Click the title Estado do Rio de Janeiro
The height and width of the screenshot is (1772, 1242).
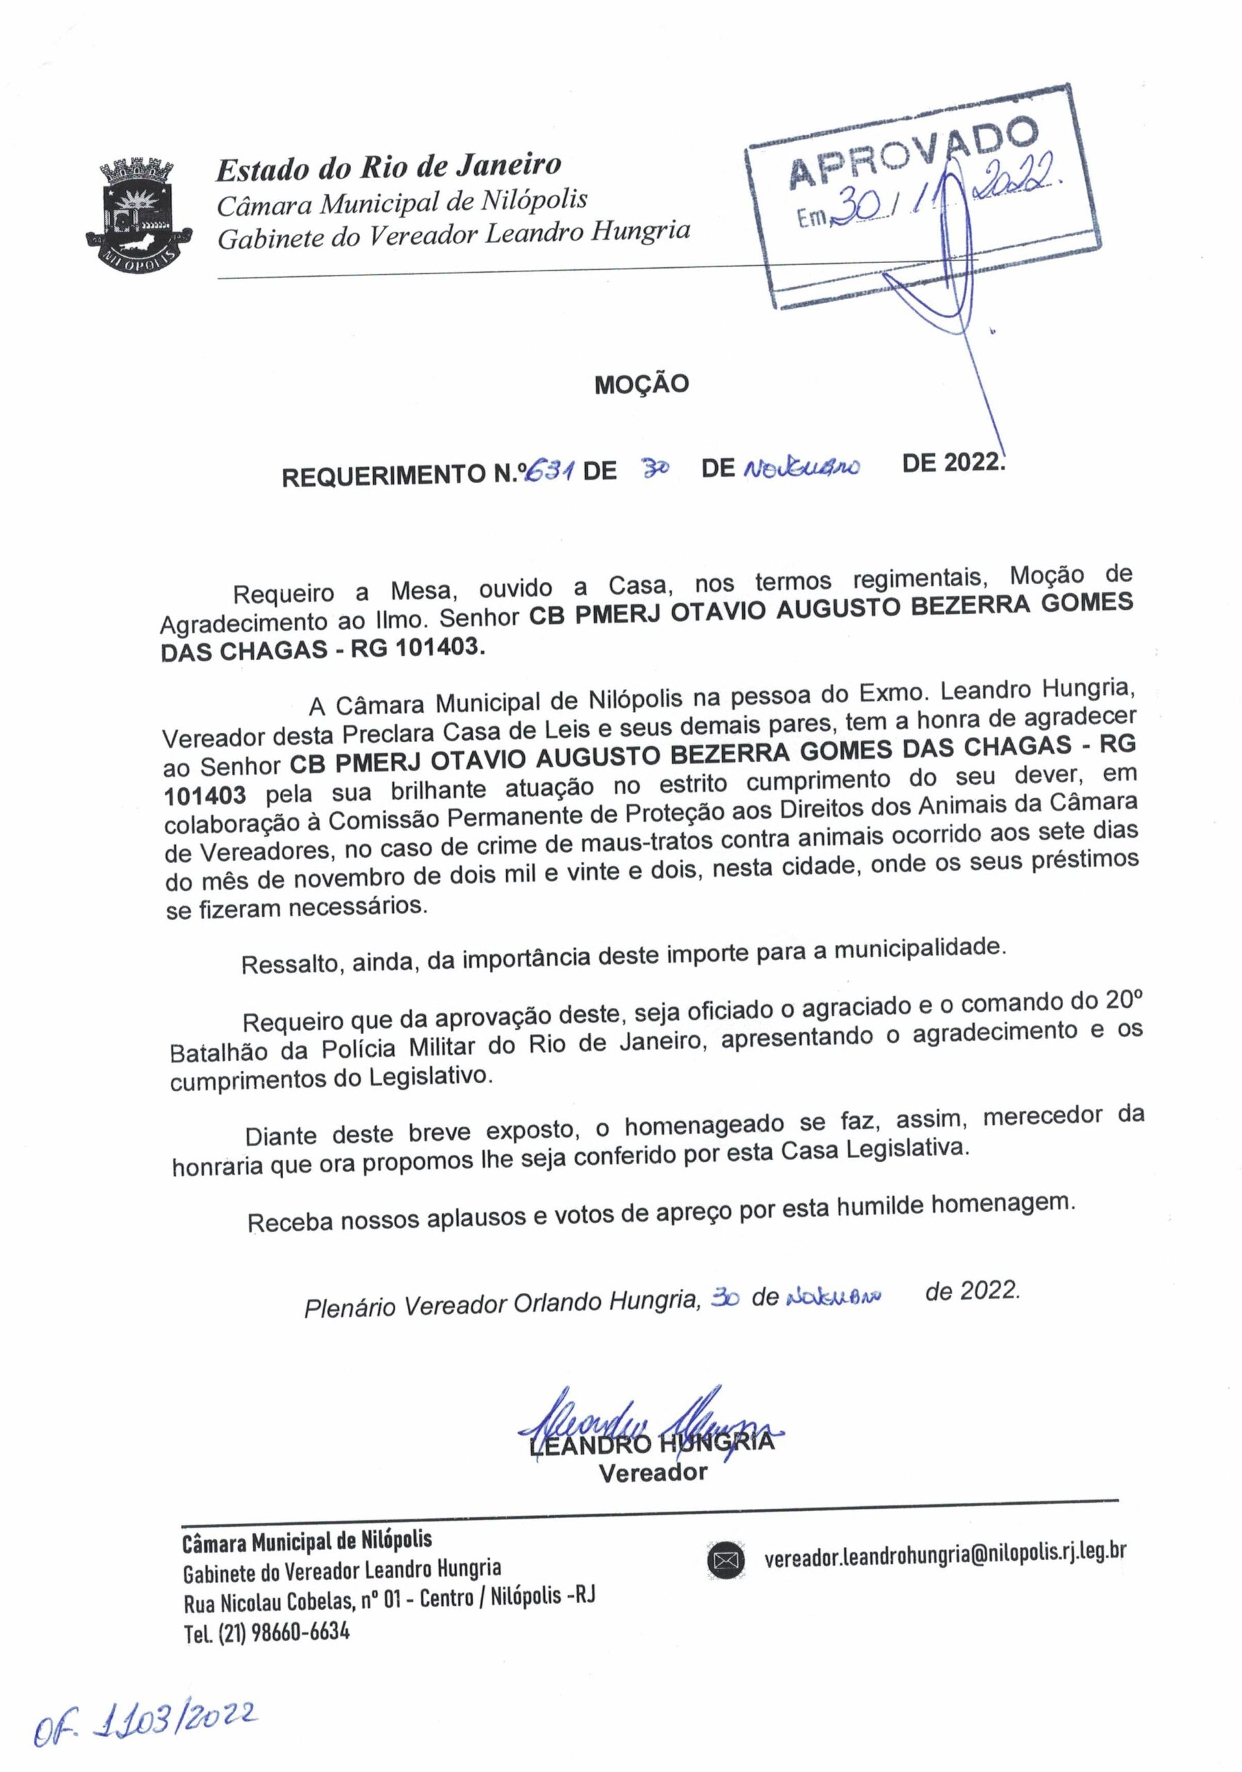pos(388,167)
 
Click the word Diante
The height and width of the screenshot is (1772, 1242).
pos(281,1137)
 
